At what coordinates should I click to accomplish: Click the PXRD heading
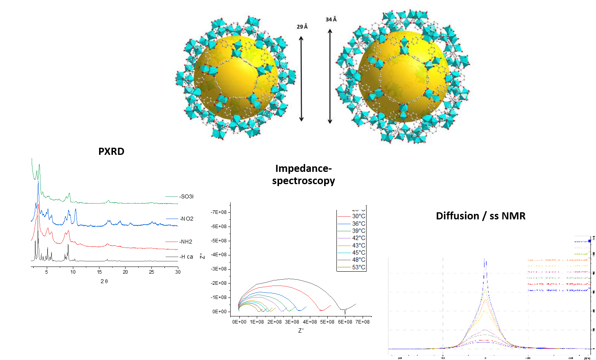111,151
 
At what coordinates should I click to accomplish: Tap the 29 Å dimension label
302,27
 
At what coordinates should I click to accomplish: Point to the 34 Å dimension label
331,19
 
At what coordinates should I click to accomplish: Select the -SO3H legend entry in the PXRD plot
186,196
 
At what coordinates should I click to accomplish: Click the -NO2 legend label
186,219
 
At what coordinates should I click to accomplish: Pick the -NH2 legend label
185,242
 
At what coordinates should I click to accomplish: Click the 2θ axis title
104,281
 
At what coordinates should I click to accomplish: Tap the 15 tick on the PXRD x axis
99,272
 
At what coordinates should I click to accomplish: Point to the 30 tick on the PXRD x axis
178,272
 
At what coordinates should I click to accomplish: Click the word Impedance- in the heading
303,168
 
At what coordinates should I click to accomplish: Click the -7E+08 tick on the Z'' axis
218,212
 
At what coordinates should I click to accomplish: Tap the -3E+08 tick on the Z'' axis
218,269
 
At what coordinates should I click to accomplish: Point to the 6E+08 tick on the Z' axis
345,322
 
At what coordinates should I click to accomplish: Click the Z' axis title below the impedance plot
301,330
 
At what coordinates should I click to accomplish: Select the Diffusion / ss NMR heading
481,216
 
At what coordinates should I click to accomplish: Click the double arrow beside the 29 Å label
301,78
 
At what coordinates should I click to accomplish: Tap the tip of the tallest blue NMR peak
485,259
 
